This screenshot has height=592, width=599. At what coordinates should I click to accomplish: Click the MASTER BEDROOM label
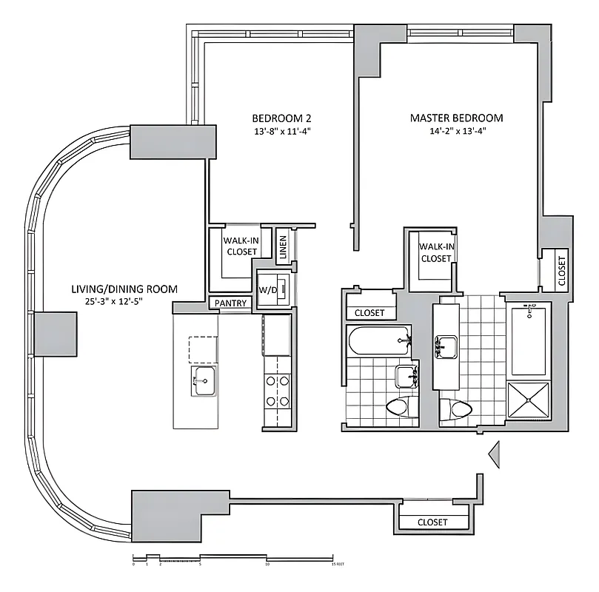click(x=457, y=118)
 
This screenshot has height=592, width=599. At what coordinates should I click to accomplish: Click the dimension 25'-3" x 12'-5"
click(x=124, y=301)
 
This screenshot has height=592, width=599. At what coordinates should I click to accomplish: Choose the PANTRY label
click(x=230, y=303)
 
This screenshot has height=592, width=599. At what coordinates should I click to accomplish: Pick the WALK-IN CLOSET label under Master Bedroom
click(x=435, y=252)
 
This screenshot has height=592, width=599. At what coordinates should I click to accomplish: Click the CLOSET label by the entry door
click(x=432, y=522)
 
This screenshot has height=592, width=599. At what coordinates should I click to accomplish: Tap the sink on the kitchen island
click(x=203, y=382)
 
